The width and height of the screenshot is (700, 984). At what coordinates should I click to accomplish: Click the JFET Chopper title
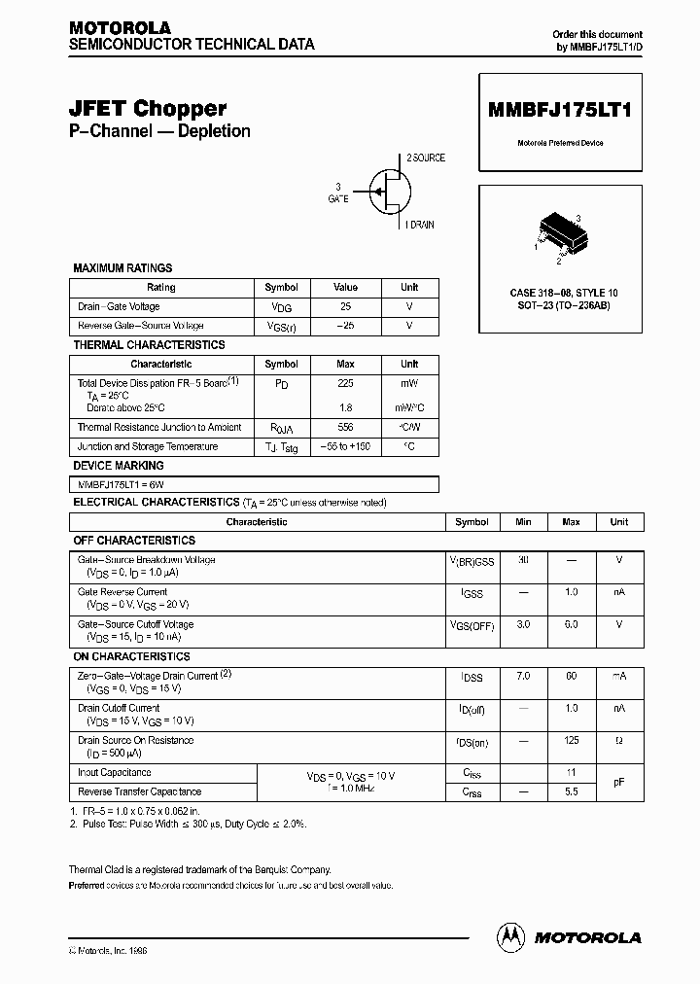click(147, 109)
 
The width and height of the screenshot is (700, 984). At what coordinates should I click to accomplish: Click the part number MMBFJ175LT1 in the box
click(559, 110)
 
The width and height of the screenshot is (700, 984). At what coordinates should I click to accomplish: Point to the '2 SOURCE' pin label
click(425, 158)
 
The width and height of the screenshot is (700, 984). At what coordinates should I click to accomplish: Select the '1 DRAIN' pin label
click(419, 225)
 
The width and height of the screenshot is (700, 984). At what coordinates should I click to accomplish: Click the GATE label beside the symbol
click(337, 197)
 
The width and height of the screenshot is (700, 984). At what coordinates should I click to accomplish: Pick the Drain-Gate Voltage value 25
click(345, 306)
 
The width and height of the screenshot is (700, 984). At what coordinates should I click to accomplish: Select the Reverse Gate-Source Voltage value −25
click(345, 326)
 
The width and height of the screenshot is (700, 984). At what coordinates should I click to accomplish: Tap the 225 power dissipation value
click(345, 384)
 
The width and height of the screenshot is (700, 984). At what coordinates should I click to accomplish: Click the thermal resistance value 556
click(345, 428)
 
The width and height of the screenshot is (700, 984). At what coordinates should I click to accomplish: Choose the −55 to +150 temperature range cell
click(345, 447)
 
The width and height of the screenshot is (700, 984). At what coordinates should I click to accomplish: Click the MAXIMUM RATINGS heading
click(122, 268)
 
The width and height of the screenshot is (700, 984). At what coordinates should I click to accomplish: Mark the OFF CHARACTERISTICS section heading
click(134, 541)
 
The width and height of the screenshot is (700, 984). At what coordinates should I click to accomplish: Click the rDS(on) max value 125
click(571, 741)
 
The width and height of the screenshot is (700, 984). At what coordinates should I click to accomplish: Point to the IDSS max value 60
click(571, 676)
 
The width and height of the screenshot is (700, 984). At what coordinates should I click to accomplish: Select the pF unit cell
click(618, 782)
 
